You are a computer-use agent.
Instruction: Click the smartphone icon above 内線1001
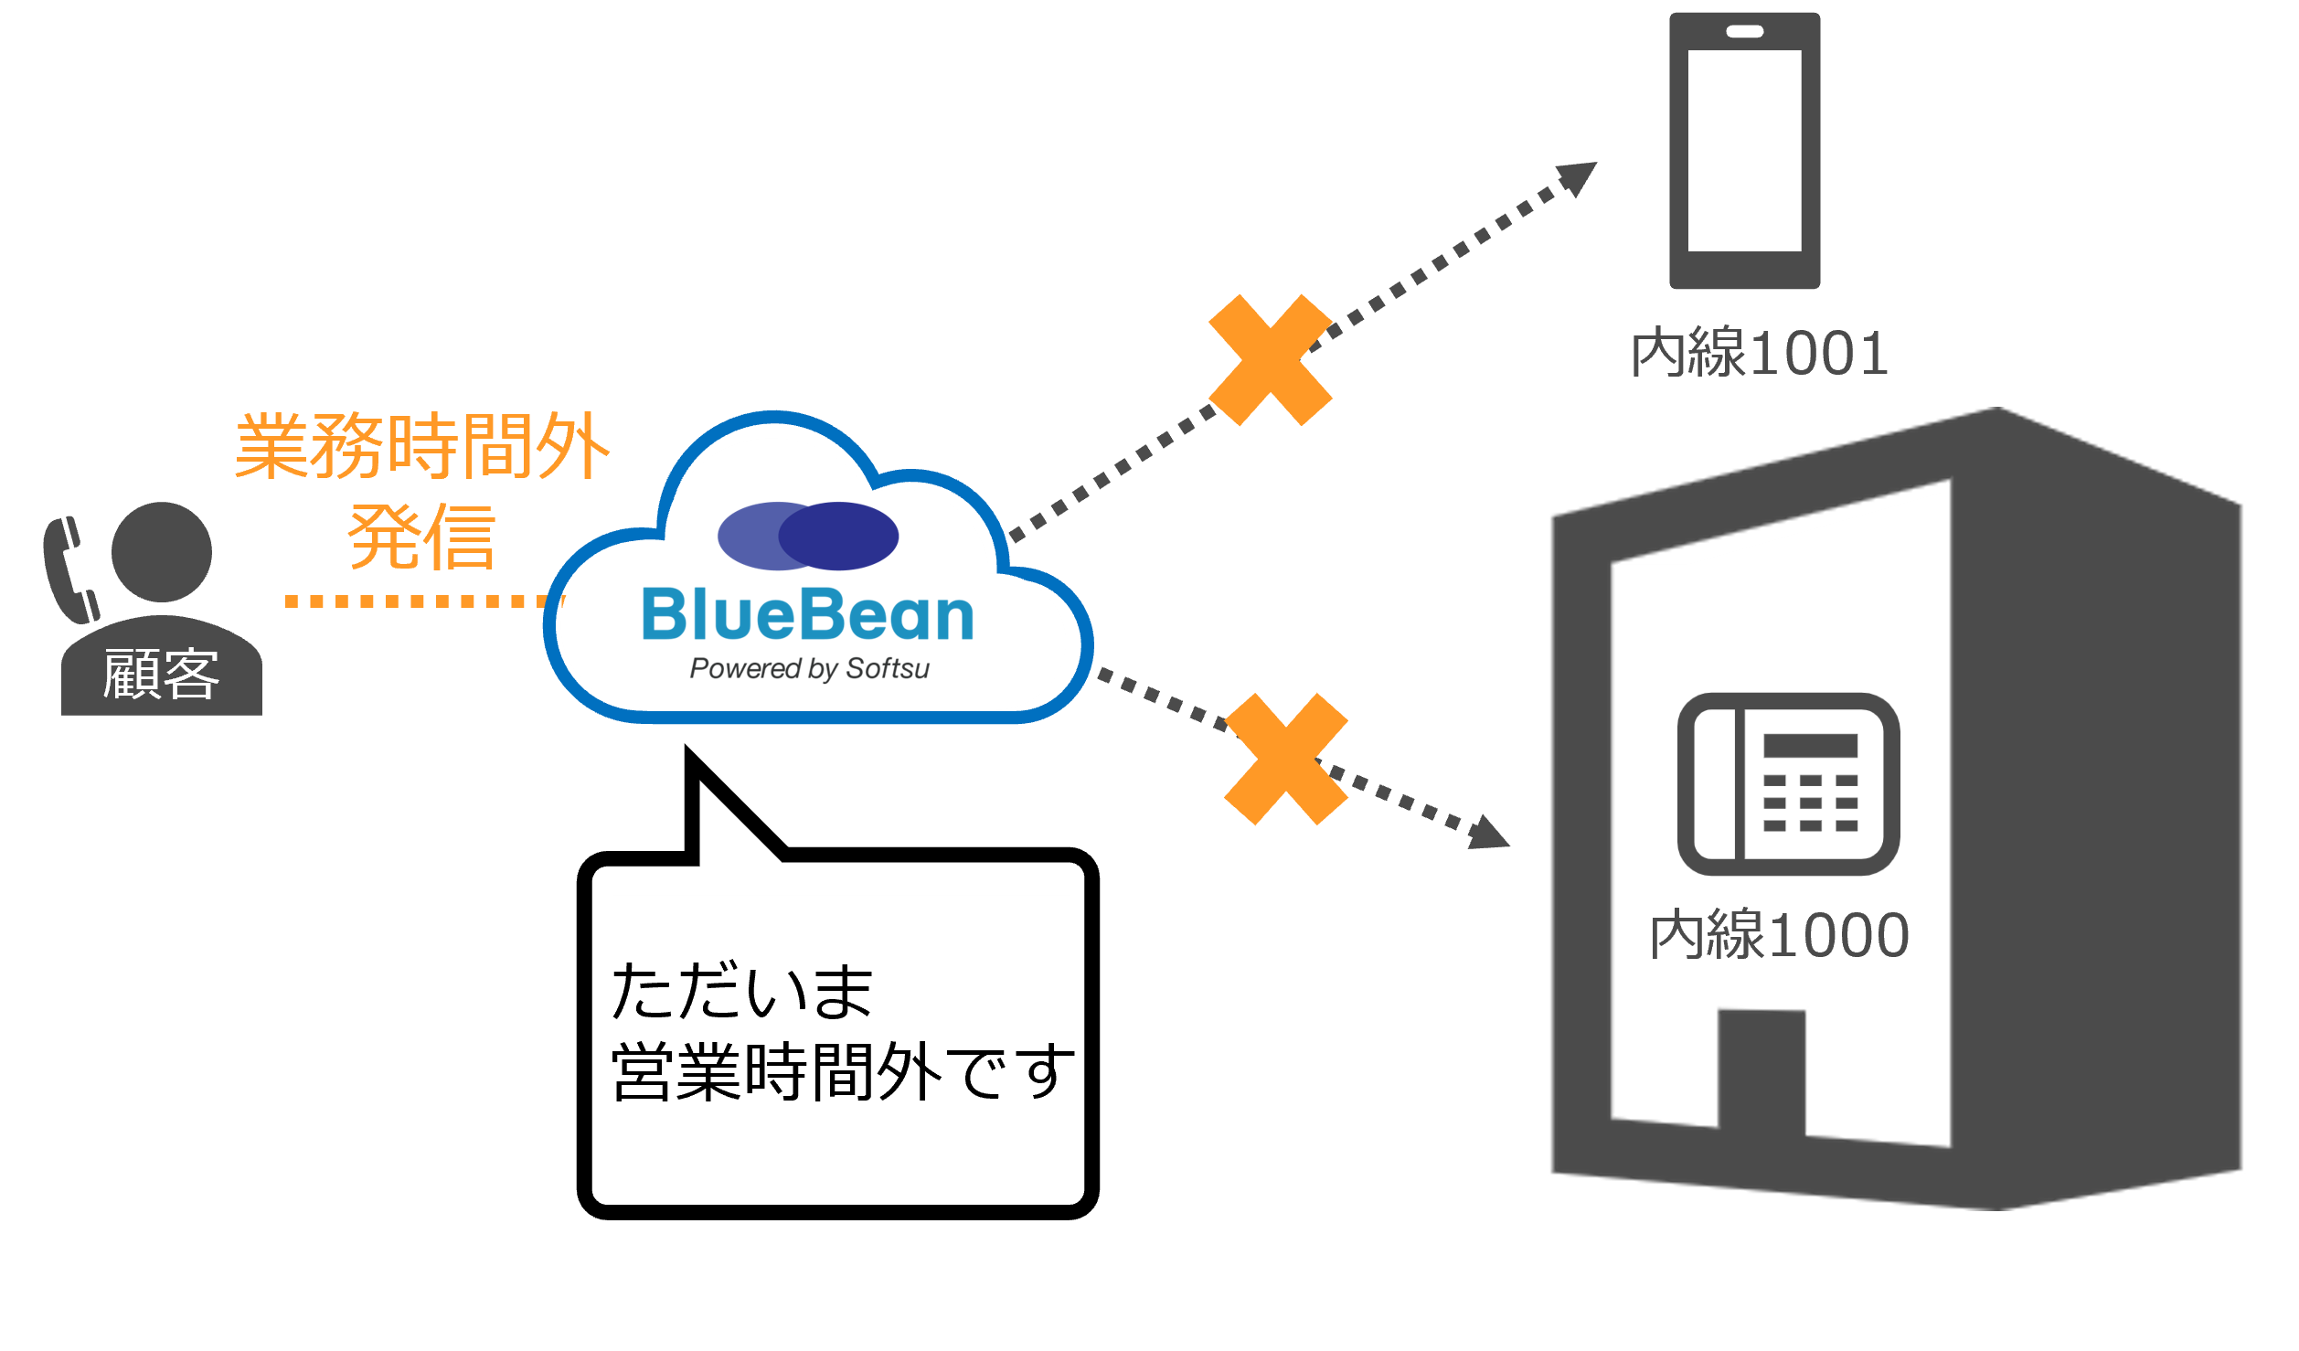pos(1744,151)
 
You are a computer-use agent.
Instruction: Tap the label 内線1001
pos(1760,353)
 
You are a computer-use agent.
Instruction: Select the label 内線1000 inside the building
pos(1779,935)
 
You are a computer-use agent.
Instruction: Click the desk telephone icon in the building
pos(1789,783)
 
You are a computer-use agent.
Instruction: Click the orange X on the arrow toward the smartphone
pos(1270,360)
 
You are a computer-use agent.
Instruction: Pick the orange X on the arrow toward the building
pos(1286,759)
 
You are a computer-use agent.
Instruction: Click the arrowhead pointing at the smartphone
pos(1578,176)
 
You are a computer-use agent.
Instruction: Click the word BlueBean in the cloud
pos(808,615)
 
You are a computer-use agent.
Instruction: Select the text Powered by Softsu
pos(809,669)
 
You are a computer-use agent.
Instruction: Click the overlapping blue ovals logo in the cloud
pos(807,536)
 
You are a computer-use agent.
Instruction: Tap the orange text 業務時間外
pos(421,446)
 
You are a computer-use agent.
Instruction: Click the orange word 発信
pos(421,537)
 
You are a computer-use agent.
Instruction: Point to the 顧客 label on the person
pos(161,675)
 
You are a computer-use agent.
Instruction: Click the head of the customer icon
pos(162,551)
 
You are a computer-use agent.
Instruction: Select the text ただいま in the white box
pos(742,992)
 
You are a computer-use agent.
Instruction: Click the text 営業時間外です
pos(839,1072)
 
